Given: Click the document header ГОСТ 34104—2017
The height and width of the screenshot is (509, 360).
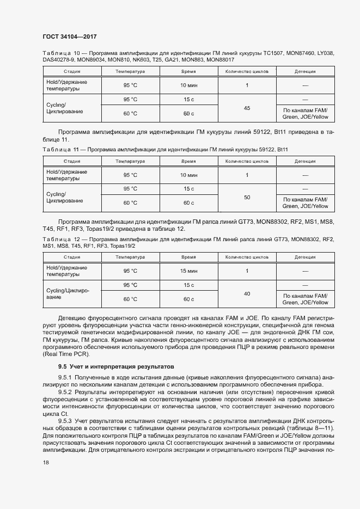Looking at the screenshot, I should (70, 35).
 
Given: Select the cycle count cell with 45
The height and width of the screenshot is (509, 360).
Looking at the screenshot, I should (247, 108).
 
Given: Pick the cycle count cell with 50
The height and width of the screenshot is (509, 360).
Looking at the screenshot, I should (247, 197).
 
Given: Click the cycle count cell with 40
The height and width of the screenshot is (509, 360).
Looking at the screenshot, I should (247, 293).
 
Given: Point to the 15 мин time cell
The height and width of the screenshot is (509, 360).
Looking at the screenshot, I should (188, 271).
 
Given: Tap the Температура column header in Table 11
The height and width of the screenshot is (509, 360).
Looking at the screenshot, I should (130, 161).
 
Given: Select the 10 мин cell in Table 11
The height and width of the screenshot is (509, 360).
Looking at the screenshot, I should (188, 175).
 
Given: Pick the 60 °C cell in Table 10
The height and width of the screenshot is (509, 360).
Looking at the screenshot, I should (130, 113).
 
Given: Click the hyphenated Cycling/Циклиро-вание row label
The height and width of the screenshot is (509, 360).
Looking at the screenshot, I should (68, 294).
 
